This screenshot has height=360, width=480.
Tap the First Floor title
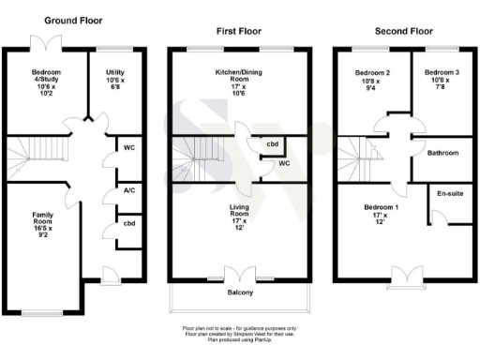tap(239, 31)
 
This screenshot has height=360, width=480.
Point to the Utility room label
tap(116, 80)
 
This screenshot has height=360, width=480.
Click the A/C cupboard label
tap(126, 188)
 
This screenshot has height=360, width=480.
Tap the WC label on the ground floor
tap(126, 147)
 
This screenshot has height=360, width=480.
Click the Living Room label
tap(240, 216)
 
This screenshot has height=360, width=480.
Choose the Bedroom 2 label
tap(371, 80)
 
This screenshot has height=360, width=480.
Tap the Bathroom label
tap(442, 152)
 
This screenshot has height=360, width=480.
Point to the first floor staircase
tap(195, 157)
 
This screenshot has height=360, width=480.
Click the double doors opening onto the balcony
tap(246, 275)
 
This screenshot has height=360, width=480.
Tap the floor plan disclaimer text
tap(240, 333)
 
